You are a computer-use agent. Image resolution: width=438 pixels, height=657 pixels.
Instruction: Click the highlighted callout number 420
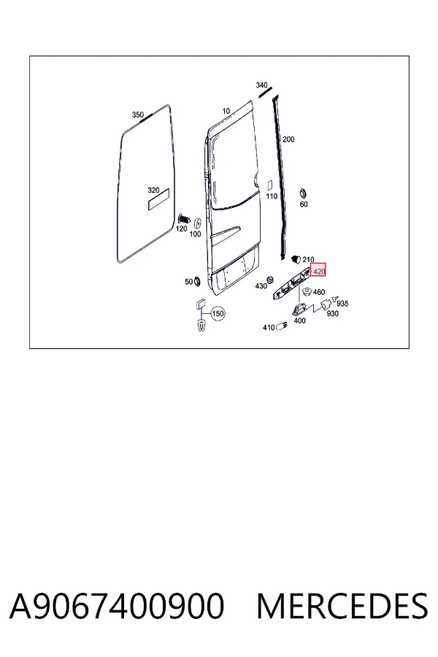(x=318, y=271)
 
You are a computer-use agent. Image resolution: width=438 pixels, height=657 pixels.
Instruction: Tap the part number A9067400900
(x=117, y=606)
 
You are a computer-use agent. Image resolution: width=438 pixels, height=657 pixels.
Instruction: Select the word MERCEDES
(x=342, y=606)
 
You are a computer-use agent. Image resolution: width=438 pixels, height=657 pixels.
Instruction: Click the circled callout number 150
(x=218, y=313)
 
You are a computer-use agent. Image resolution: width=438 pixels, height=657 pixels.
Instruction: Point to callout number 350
(x=138, y=115)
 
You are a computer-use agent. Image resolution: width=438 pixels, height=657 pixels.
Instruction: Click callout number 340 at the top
(x=261, y=85)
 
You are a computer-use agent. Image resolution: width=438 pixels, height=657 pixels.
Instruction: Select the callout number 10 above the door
(x=226, y=111)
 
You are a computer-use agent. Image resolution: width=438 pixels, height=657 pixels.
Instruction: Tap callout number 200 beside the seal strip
(x=288, y=139)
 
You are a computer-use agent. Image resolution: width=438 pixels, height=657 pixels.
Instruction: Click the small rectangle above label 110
(x=270, y=185)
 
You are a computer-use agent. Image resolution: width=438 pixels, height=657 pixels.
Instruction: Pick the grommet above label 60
(x=302, y=194)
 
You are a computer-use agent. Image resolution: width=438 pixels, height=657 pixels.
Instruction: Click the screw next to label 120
(x=184, y=219)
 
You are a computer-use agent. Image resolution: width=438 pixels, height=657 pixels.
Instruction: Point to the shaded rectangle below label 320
(x=158, y=199)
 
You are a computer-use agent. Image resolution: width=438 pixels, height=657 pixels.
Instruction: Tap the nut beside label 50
(x=196, y=281)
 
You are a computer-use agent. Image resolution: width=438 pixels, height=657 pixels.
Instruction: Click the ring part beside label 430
(x=270, y=280)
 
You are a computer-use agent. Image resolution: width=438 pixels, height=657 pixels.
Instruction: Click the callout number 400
(x=300, y=320)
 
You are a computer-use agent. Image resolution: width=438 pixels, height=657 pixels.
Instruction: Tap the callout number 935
(x=342, y=304)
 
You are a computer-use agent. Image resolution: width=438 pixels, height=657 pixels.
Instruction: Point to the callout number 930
(x=332, y=313)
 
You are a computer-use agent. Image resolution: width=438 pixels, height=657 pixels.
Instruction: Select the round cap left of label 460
(x=307, y=291)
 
